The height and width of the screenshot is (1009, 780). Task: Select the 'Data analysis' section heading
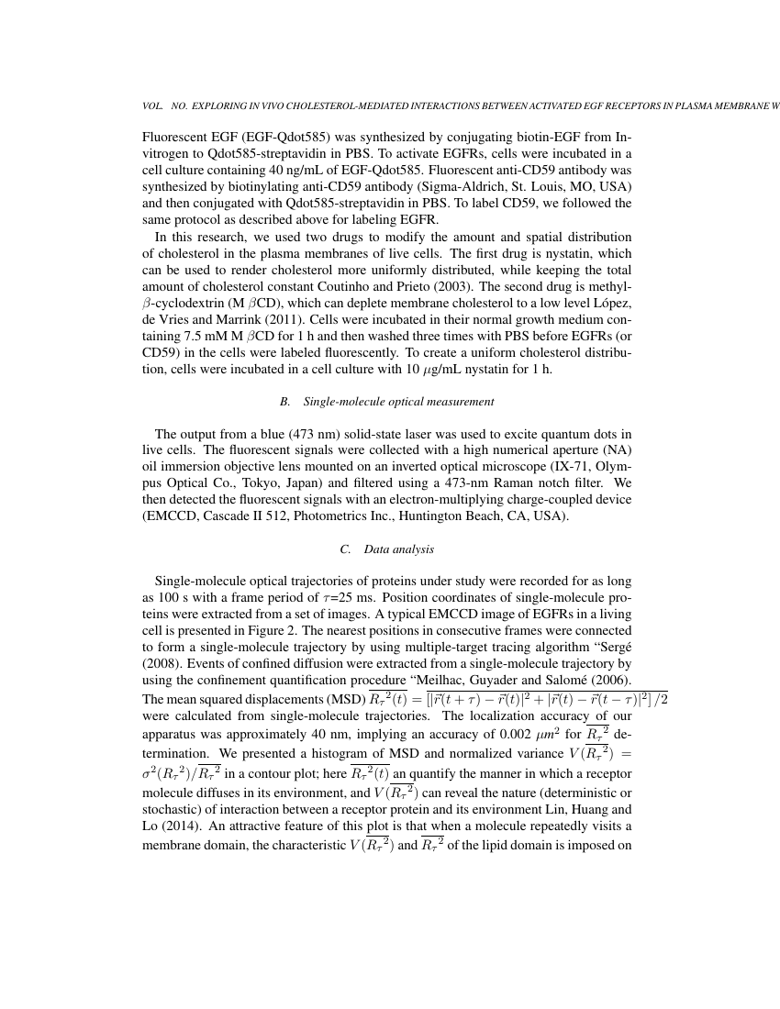tap(398, 549)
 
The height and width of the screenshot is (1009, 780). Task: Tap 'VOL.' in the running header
tap(153, 106)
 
